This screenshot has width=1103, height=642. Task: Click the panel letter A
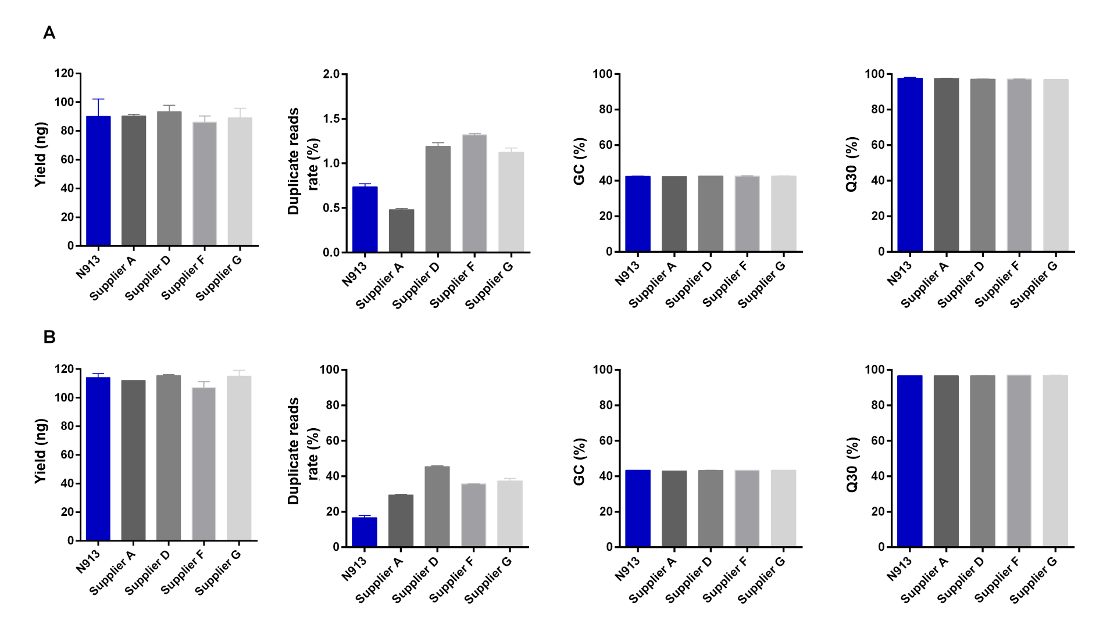(49, 33)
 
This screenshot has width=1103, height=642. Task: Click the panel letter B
(49, 337)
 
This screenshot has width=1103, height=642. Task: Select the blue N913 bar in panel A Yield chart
(98, 181)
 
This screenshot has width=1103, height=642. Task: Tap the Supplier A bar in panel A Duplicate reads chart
(402, 231)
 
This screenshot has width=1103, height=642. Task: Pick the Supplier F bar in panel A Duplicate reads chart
(474, 193)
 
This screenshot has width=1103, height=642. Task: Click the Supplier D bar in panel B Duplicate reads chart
(437, 506)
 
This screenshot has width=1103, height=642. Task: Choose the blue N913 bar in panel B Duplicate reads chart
(365, 532)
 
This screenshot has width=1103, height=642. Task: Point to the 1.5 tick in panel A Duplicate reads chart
(332, 119)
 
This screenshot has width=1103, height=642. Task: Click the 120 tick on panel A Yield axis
(64, 73)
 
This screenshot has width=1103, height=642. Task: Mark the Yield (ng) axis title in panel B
(40, 451)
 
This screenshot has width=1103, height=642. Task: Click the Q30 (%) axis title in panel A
(852, 164)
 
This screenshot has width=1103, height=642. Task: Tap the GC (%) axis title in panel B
(579, 462)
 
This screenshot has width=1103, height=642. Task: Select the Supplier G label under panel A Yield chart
(219, 278)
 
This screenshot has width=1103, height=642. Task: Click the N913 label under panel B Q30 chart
(899, 568)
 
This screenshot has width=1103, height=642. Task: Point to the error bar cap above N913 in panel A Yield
(98, 99)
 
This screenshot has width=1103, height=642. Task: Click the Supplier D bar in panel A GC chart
(711, 213)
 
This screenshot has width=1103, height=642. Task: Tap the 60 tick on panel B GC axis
(605, 440)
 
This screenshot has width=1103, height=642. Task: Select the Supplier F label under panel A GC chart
(724, 284)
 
